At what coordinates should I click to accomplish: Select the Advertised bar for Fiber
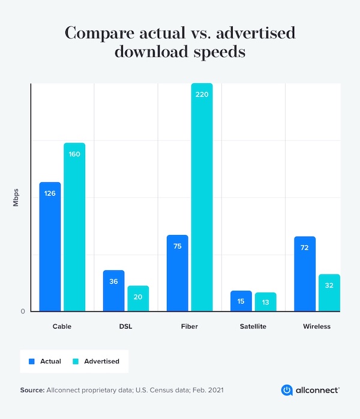[202, 198]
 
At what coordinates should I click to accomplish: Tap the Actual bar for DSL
[113, 291]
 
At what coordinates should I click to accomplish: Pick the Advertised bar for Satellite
[265, 302]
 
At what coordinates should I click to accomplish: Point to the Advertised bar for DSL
[138, 299]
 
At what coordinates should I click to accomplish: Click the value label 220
[202, 95]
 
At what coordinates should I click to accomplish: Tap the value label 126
[50, 193]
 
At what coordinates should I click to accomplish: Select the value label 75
[177, 246]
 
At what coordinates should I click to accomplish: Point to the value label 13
[265, 302]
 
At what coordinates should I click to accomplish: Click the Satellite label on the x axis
[253, 327]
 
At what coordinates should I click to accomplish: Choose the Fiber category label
[189, 327]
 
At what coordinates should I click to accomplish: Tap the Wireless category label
[317, 327]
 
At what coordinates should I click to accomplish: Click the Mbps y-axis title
[17, 197]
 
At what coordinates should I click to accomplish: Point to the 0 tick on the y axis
[23, 311]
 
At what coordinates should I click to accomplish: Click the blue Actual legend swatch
[32, 361]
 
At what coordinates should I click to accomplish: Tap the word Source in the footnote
[32, 390]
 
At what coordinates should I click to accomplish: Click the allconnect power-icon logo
[287, 390]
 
